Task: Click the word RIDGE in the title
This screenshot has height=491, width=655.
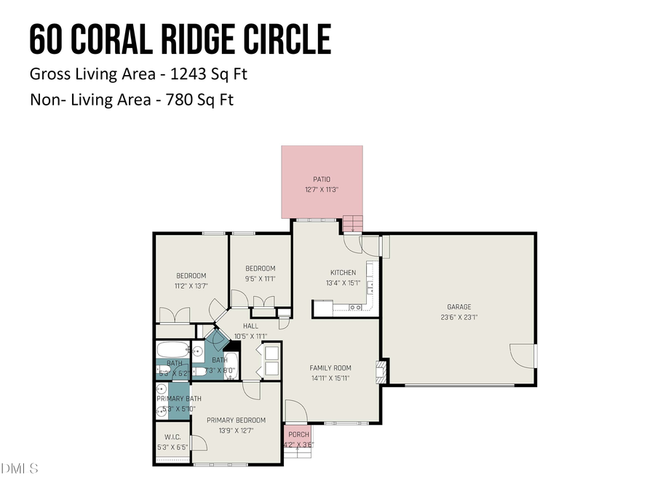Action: [x=188, y=39]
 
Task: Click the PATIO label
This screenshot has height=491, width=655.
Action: [x=322, y=178]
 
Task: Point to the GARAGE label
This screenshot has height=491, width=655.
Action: [x=458, y=307]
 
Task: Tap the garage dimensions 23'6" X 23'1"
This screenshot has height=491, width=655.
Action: [x=458, y=316]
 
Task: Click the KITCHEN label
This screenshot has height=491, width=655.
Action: [x=343, y=273]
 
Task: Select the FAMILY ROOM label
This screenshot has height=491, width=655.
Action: [x=330, y=368]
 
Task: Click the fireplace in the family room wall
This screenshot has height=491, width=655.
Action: [x=378, y=371]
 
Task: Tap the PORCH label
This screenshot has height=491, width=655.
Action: [x=299, y=434]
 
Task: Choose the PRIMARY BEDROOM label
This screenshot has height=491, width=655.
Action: [x=236, y=420]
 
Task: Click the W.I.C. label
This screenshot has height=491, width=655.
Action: [x=172, y=437]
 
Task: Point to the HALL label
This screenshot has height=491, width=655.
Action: [x=250, y=326]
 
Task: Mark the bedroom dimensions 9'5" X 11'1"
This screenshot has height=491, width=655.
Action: [x=260, y=278]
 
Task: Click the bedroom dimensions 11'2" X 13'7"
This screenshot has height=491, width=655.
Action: [x=191, y=286]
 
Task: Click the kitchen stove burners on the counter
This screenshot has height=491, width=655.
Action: [x=357, y=308]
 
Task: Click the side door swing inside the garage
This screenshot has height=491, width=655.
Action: [x=523, y=356]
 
